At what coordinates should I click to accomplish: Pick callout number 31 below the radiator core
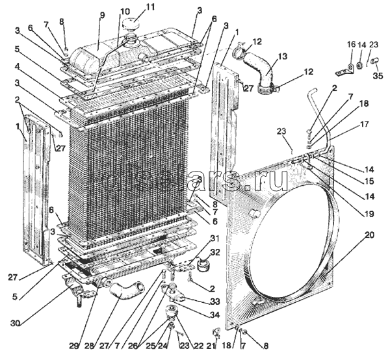(214, 239)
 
